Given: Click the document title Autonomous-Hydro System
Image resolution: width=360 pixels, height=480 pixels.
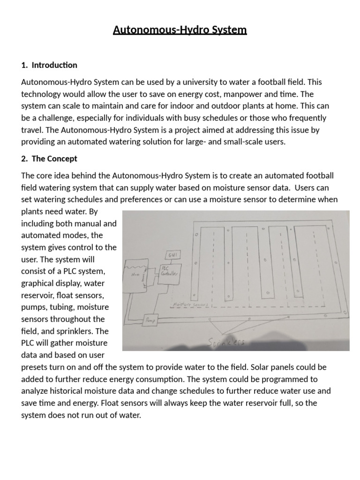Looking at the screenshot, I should (180, 30).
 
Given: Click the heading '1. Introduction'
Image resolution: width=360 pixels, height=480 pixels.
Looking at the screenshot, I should (49, 65).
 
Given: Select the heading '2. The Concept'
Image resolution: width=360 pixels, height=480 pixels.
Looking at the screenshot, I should (49, 158).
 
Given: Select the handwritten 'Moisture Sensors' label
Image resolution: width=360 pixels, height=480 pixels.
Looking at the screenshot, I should (190, 304).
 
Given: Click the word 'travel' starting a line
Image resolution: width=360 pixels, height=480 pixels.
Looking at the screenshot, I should (32, 130).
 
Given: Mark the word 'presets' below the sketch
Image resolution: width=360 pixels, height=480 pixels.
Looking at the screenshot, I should (35, 367).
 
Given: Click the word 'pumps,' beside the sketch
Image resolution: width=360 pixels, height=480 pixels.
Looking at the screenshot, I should (35, 307).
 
